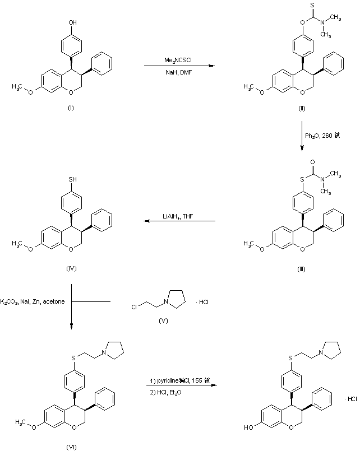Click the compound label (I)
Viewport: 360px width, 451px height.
tap(71, 108)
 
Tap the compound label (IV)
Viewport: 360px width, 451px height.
tap(71, 268)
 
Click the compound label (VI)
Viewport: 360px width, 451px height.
tap(71, 446)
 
